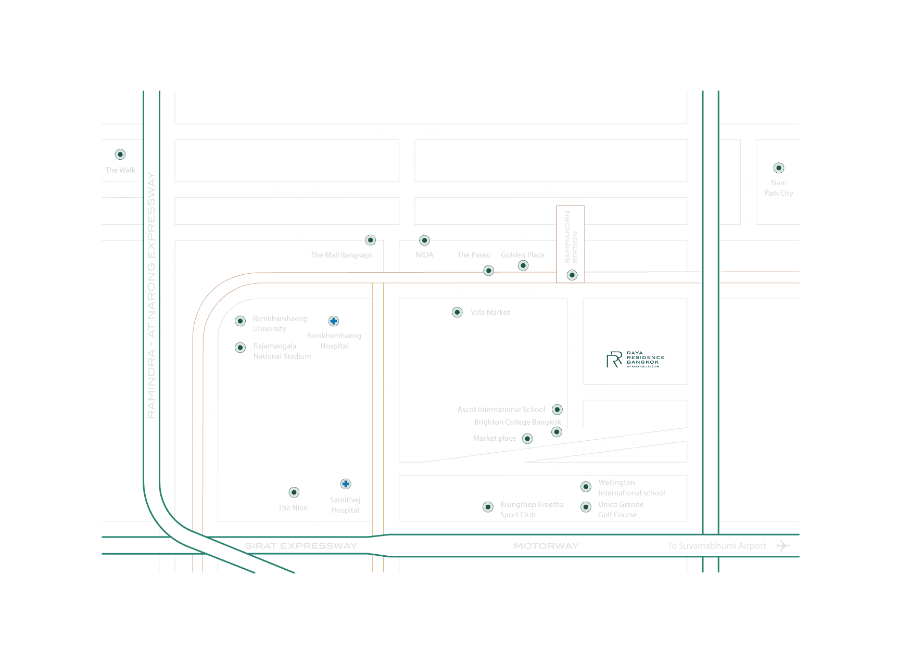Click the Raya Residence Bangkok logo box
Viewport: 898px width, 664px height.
click(x=635, y=359)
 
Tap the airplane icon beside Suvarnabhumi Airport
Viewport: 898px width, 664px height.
click(x=782, y=545)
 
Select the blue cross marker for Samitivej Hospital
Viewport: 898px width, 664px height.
click(x=345, y=484)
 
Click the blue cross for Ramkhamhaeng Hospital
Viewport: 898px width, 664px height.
click(x=334, y=321)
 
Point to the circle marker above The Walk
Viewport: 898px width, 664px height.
click(x=120, y=154)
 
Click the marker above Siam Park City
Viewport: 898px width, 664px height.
click(x=778, y=168)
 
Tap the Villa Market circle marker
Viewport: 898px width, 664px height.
click(x=457, y=312)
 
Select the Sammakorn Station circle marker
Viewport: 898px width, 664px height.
click(x=572, y=275)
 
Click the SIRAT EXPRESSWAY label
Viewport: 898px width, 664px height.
click(x=301, y=546)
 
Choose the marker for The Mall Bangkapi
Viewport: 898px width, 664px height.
click(x=370, y=240)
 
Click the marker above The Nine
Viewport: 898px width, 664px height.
click(x=294, y=492)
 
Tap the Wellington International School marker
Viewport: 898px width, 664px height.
click(x=586, y=487)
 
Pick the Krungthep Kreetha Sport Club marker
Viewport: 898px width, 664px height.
click(x=488, y=507)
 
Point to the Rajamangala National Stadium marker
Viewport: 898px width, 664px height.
click(x=240, y=347)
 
